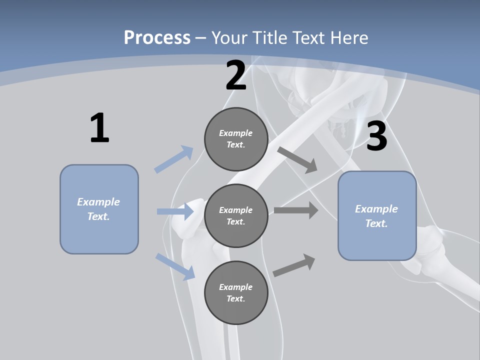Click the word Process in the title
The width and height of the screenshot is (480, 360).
(x=157, y=37)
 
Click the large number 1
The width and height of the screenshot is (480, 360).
(x=99, y=128)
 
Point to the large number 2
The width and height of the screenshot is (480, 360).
(x=236, y=75)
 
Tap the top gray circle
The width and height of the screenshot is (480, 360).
(x=236, y=139)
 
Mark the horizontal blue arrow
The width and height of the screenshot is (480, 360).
(x=175, y=211)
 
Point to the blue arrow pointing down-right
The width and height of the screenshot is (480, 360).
(x=175, y=266)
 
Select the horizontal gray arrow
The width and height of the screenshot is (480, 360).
(x=296, y=210)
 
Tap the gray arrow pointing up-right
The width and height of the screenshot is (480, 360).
(x=294, y=265)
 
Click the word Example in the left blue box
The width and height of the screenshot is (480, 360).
(x=98, y=202)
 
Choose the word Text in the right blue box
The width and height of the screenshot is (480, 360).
(x=375, y=223)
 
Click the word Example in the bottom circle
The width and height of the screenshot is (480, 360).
(x=235, y=287)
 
